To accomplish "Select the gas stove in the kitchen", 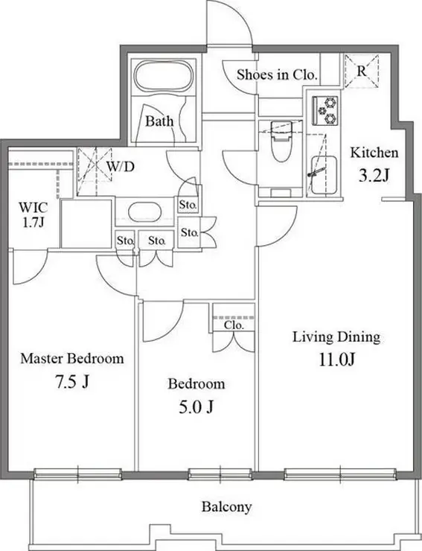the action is tap(325, 111).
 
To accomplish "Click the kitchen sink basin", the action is tap(324, 175).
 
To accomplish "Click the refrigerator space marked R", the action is tap(362, 71).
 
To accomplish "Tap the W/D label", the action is tap(121, 167).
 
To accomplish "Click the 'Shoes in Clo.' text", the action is tap(277, 74).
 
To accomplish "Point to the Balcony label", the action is tap(227, 507).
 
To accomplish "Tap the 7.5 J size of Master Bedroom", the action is tap(71, 382).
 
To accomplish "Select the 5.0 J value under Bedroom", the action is tap(196, 407).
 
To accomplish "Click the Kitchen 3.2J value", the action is tap(374, 175).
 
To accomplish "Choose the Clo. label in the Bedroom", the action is tap(234, 325).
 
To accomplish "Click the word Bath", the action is tap(159, 121).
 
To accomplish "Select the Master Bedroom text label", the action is tap(72, 359).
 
